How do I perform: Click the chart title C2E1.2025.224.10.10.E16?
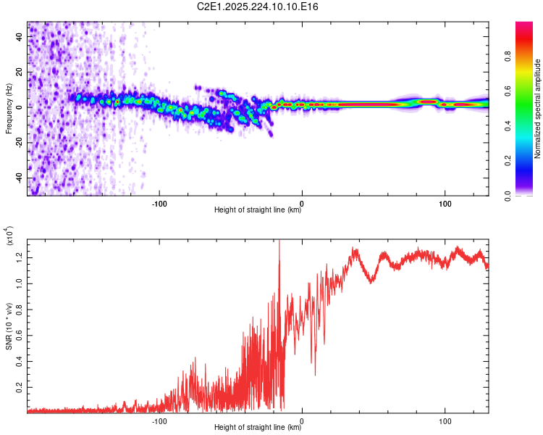pos(257,7)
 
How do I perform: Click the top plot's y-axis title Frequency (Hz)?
pos(9,108)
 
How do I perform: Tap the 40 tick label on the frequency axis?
pos(19,36)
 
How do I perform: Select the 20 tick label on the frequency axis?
pos(19,72)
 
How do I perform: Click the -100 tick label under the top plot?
pos(159,204)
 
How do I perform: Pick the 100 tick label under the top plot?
pos(445,204)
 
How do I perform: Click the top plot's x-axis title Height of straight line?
pos(258,210)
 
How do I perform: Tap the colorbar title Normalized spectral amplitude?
pos(537,108)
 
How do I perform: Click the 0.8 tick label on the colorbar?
pos(508,57)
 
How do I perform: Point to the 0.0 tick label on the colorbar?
pos(508,196)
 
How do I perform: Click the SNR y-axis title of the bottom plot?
pos(9,326)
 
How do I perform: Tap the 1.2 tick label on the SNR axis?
pos(19,258)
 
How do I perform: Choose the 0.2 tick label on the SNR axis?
pos(19,387)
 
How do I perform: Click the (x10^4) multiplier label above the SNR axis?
pos(9,236)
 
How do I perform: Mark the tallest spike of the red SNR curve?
pos(279,240)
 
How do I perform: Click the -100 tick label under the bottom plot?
pos(159,421)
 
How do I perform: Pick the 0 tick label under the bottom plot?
pos(302,421)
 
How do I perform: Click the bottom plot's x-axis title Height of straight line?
pos(258,427)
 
